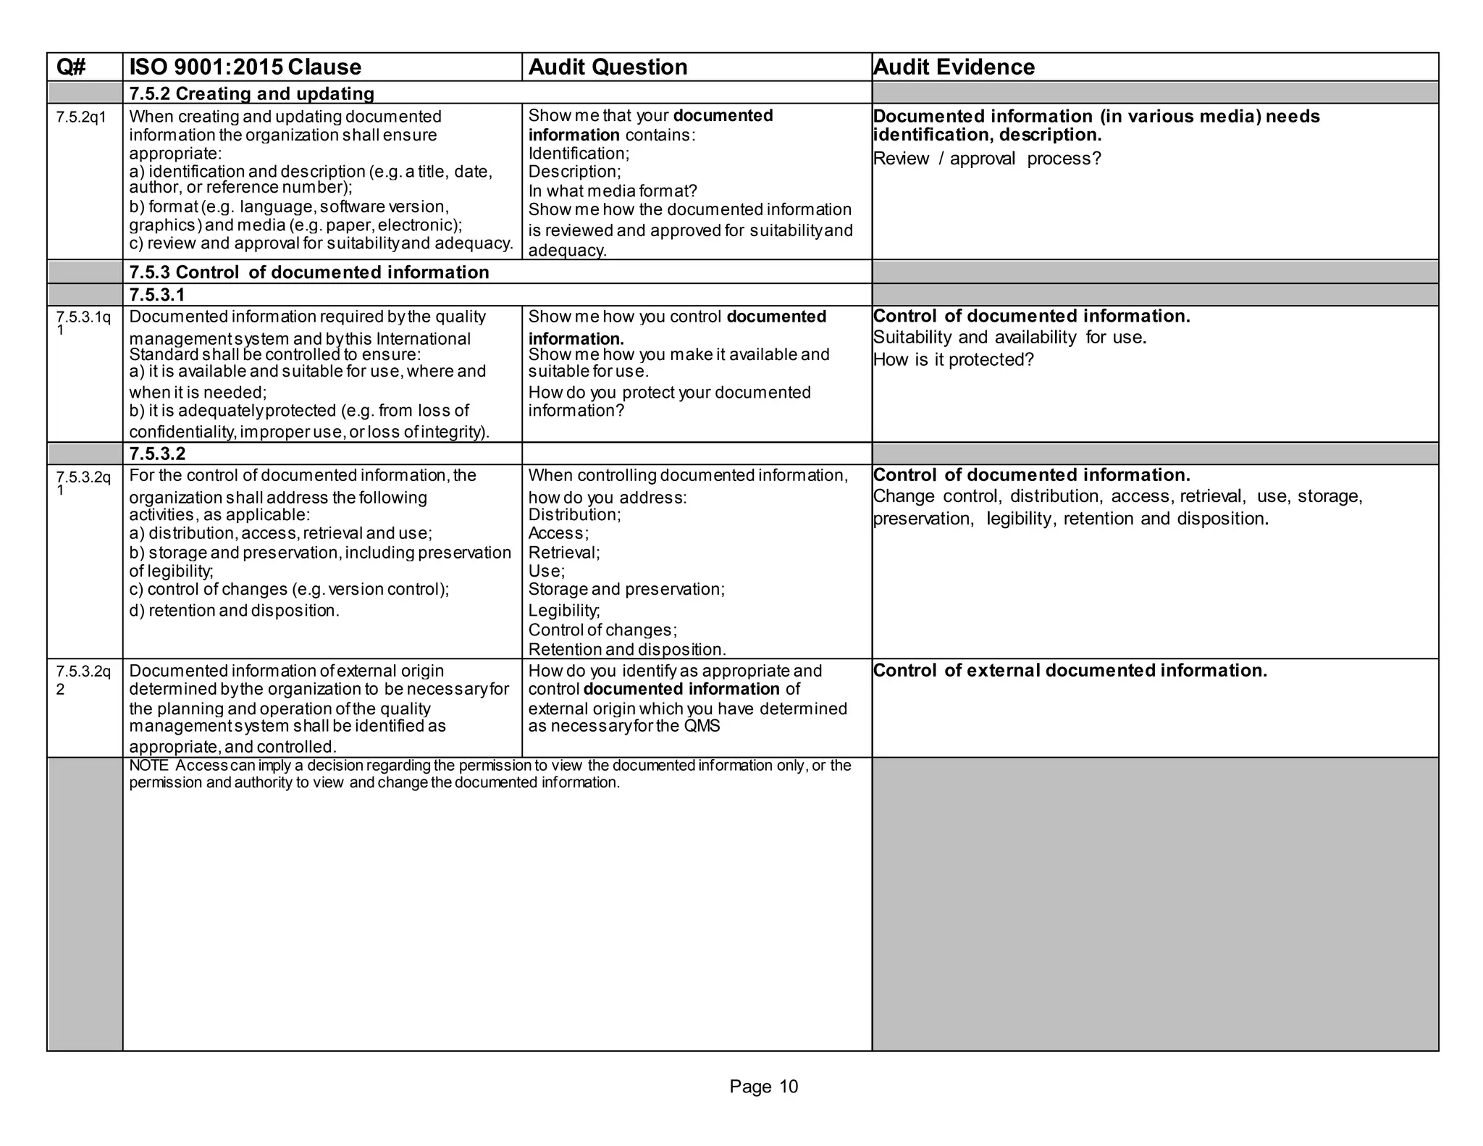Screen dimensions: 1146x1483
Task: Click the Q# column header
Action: [x=71, y=67]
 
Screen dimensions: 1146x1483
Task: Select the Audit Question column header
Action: [x=608, y=67]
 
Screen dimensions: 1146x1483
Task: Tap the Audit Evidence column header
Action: [x=954, y=67]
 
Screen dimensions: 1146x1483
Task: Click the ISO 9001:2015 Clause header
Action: [x=245, y=67]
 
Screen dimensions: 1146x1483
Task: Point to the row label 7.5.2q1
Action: [x=80, y=117]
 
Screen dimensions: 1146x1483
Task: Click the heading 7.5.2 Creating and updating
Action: [x=251, y=93]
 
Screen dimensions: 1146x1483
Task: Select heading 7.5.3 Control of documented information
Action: [x=309, y=272]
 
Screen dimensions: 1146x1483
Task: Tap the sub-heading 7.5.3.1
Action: [x=157, y=295]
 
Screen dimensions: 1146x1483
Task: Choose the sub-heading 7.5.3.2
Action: [x=157, y=454]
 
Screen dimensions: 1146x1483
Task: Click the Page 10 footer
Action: [x=763, y=1087]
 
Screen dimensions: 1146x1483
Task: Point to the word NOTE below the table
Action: [x=148, y=766]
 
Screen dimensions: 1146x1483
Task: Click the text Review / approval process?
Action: [x=986, y=159]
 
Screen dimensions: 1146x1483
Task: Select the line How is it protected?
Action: [x=953, y=360]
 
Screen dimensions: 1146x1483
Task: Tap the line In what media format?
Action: [x=612, y=191]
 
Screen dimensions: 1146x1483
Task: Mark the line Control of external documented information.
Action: [x=1070, y=671]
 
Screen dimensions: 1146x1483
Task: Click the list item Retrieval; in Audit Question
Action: [x=563, y=553]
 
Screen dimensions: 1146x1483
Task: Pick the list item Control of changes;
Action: [x=602, y=630]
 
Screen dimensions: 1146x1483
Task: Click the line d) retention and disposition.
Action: [x=234, y=611]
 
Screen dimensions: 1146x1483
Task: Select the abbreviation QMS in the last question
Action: [x=702, y=727]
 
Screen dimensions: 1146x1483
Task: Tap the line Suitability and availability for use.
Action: [x=1009, y=338]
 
